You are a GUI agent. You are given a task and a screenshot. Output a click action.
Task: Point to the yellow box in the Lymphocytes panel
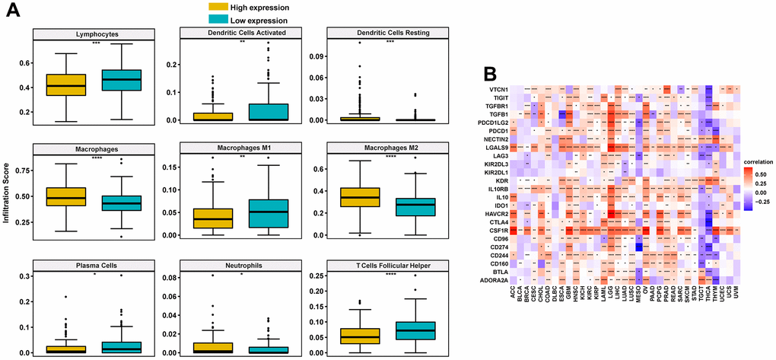click(65, 84)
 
